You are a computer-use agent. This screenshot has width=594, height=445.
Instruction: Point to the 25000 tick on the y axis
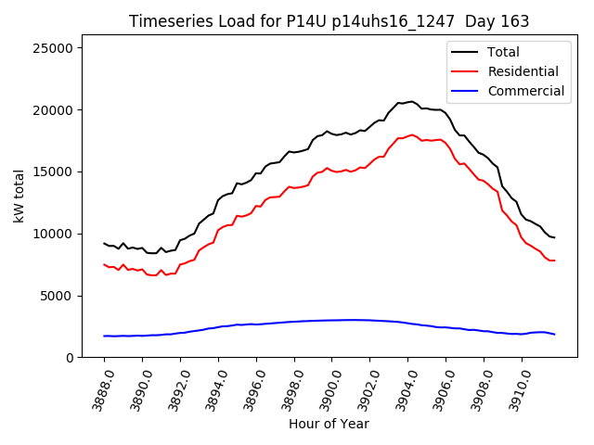coord(63,48)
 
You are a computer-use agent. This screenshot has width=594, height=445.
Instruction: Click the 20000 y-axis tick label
coord(63,109)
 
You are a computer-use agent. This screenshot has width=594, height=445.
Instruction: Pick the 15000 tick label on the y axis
coord(63,172)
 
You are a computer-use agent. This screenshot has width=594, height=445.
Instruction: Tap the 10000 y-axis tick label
coord(63,234)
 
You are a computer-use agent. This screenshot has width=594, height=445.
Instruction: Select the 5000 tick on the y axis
coord(67,296)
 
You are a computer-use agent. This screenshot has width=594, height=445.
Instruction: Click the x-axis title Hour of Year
coord(329,424)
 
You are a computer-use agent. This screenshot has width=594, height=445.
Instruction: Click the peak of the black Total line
coord(411,102)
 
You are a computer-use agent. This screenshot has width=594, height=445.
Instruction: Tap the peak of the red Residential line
coord(411,135)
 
